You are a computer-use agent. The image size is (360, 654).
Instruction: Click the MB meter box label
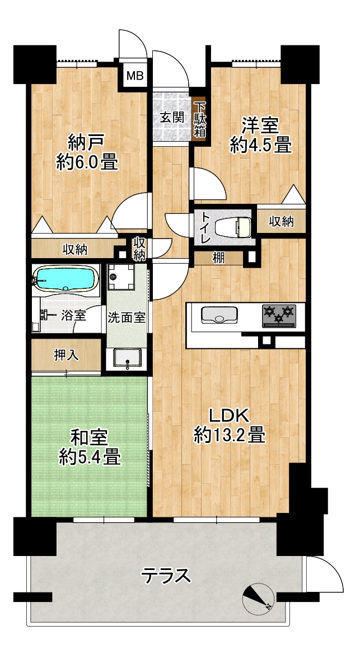pyautogui.click(x=135, y=76)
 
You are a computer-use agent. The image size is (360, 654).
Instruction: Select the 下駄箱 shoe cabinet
pyautogui.click(x=200, y=119)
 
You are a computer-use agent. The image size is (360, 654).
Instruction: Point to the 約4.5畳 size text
pyautogui.click(x=261, y=146)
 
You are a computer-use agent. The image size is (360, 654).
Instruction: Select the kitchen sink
pyautogui.click(x=219, y=315)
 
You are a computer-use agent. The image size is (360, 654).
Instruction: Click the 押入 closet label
pyautogui.click(x=66, y=355)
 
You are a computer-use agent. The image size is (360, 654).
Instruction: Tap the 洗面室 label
pyautogui.click(x=127, y=318)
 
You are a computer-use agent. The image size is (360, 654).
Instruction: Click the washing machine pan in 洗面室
pyautogui.click(x=120, y=277)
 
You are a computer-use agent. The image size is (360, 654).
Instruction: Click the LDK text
pyautogui.click(x=229, y=416)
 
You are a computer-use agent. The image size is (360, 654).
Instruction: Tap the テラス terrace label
pyautogui.click(x=166, y=576)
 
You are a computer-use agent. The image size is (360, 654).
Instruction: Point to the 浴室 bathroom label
pyautogui.click(x=74, y=315)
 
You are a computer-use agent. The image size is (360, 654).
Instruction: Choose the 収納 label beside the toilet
pyautogui.click(x=280, y=222)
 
